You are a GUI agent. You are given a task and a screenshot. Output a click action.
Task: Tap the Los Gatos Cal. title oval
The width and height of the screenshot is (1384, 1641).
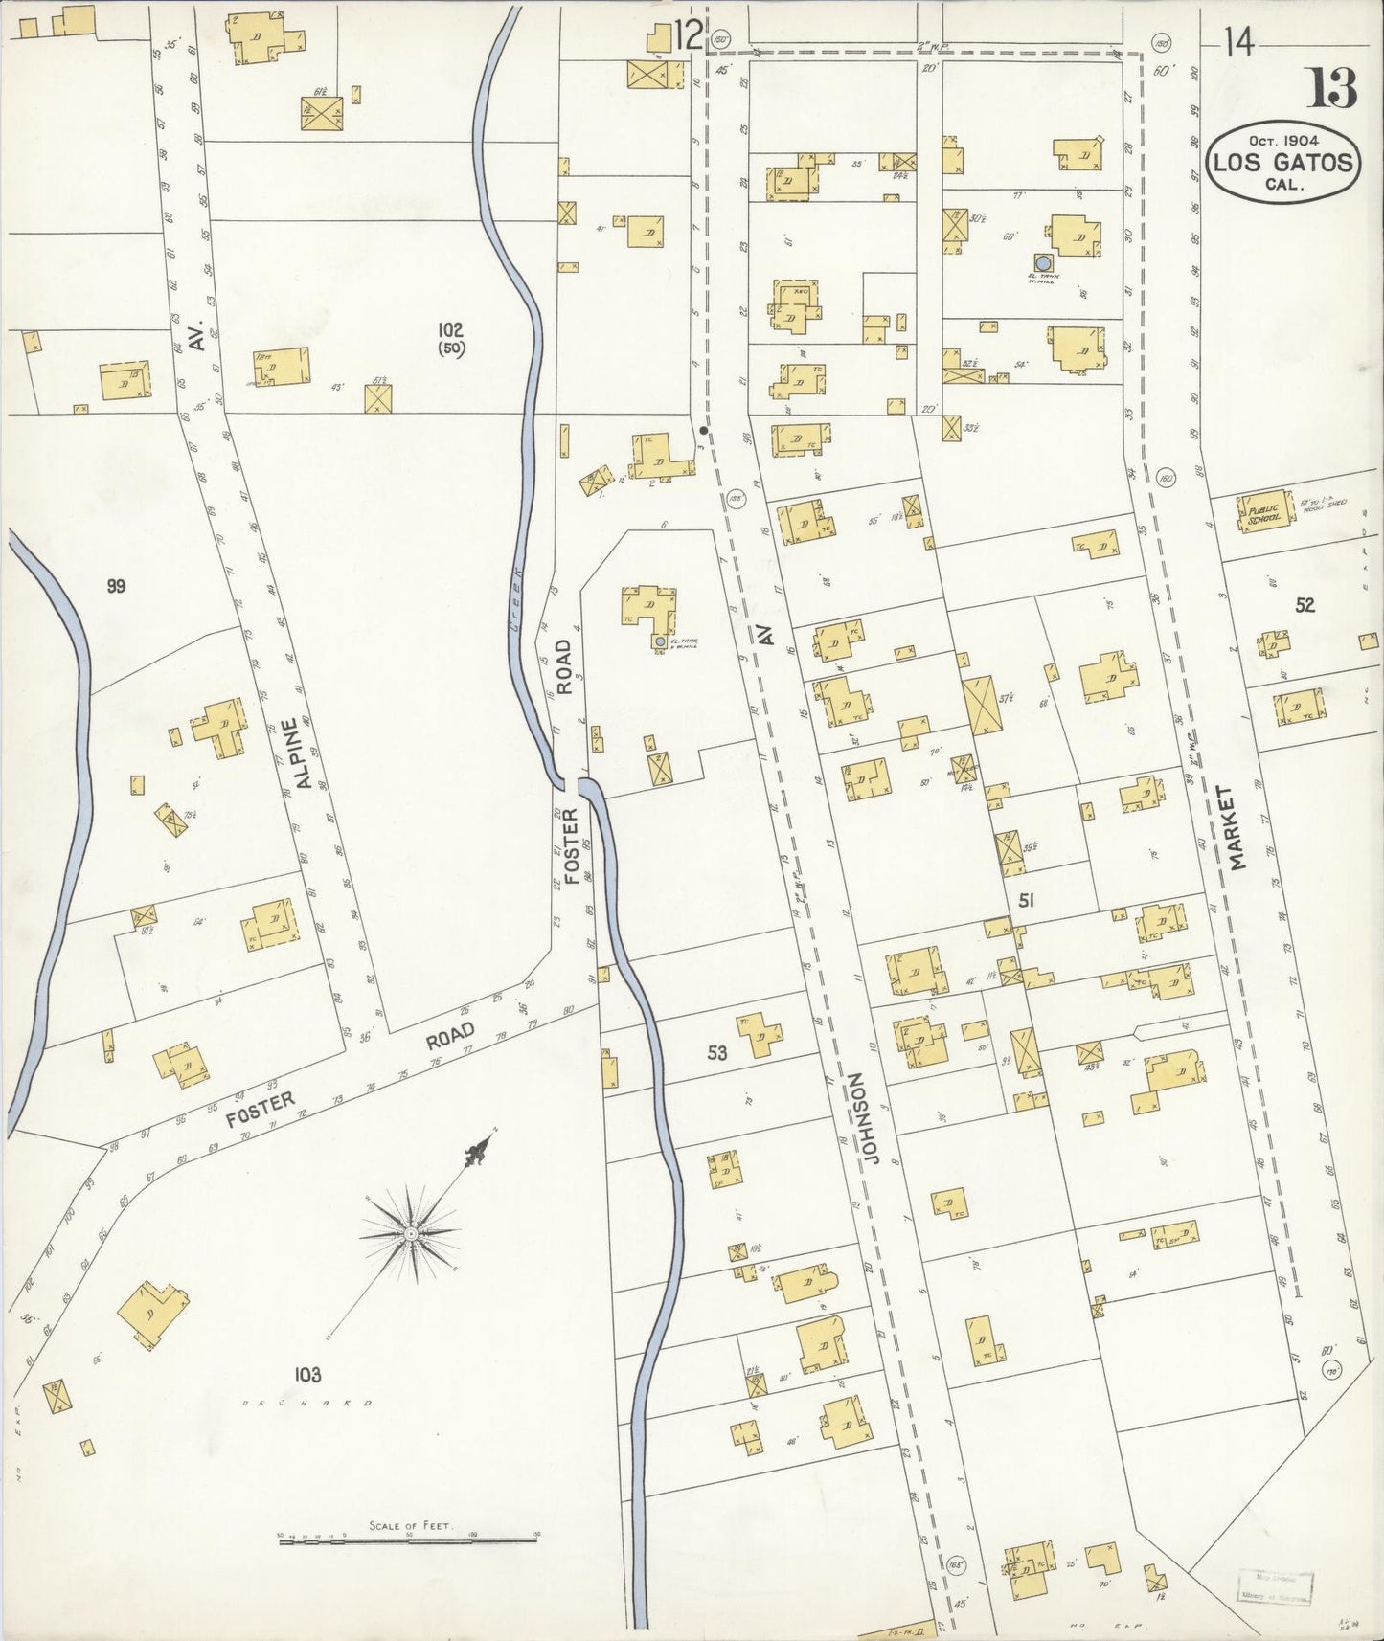(1284, 163)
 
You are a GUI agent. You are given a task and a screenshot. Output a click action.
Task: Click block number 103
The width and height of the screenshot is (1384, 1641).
(307, 1375)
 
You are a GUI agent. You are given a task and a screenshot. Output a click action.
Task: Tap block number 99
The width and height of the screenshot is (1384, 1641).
(116, 587)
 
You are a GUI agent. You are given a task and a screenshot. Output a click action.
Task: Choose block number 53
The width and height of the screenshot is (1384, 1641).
(716, 1053)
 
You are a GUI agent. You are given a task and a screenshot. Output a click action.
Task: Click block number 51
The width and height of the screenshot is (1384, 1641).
(1026, 900)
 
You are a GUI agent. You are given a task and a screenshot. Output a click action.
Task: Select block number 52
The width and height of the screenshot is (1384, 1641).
(1305, 605)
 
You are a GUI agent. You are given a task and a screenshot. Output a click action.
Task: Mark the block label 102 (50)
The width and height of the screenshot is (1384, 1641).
(450, 339)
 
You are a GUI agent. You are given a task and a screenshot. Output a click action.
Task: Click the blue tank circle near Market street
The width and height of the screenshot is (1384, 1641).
(1042, 262)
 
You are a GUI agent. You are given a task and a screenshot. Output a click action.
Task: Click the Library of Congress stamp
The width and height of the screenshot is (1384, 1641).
(1275, 1585)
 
